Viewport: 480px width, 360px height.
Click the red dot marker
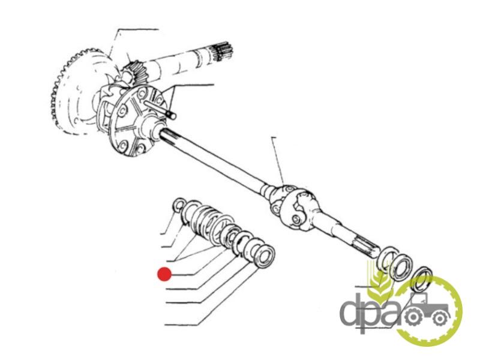164,274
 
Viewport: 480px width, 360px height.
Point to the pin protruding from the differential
160,109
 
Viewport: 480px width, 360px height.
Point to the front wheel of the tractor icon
440,319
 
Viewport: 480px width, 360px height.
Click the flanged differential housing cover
134,119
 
